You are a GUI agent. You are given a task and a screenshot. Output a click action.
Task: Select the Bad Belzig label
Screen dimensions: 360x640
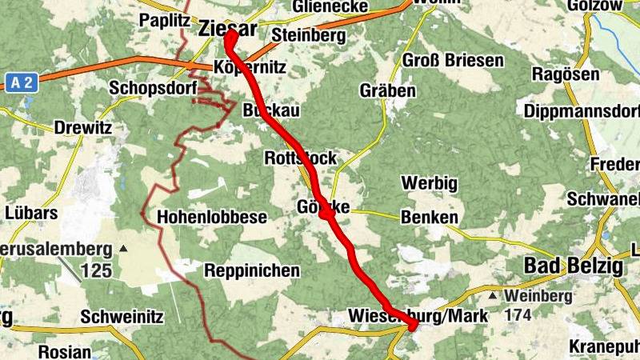pyautogui.click(x=573, y=266)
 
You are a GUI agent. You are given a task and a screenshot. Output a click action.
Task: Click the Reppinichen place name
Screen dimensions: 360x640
pyautogui.click(x=252, y=270)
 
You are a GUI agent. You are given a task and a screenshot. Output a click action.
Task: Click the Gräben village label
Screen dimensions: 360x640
pyautogui.click(x=387, y=90)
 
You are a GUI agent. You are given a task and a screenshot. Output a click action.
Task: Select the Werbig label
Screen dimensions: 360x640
pyautogui.click(x=430, y=184)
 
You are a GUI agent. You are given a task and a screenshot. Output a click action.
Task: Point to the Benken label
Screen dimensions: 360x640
pyautogui.click(x=430, y=217)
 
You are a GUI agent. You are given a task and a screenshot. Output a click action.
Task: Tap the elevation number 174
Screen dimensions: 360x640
pyautogui.click(x=519, y=314)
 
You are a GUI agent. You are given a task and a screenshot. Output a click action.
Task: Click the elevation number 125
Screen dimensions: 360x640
pyautogui.click(x=96, y=270)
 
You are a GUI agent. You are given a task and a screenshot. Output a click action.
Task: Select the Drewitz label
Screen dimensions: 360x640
pyautogui.click(x=80, y=127)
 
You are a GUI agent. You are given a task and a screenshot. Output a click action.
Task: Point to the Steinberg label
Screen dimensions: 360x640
pyautogui.click(x=308, y=36)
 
